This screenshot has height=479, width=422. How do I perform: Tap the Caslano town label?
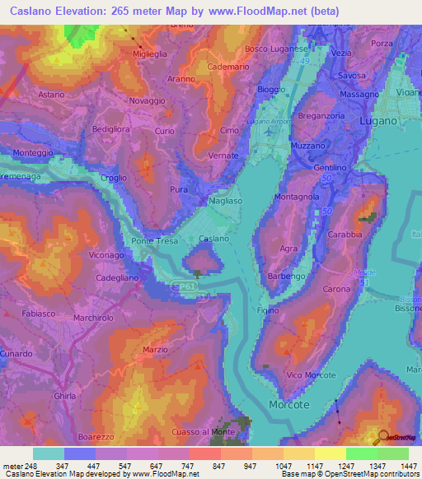point(213,239)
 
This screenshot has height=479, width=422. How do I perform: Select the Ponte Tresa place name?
point(152,241)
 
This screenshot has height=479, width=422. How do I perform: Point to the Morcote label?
point(289,405)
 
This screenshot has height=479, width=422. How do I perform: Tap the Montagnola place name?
point(298,198)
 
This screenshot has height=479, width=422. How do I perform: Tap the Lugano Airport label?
point(269,122)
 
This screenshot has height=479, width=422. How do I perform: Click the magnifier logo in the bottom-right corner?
point(383,437)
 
